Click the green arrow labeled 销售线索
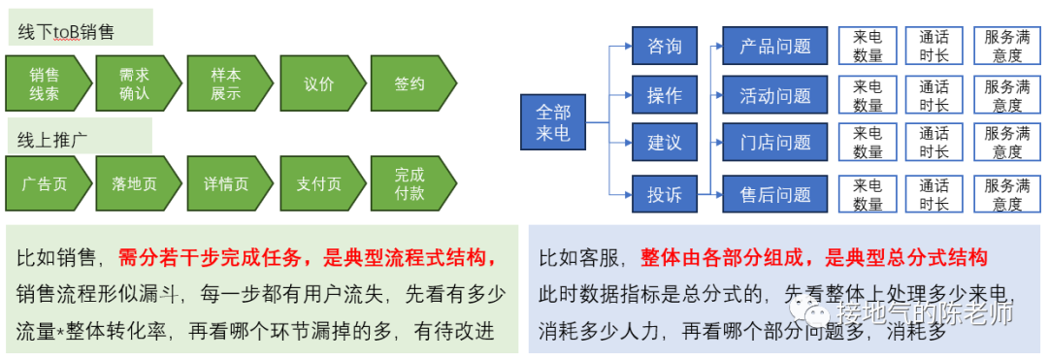pyautogui.click(x=45, y=84)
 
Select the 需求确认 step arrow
pyautogui.click(x=135, y=84)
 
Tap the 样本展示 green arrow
pyautogui.click(x=226, y=84)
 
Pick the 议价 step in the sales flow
pyautogui.click(x=318, y=84)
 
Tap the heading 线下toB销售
pyautogui.click(x=66, y=32)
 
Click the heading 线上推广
pyautogui.click(x=53, y=139)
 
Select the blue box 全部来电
pyautogui.click(x=553, y=121)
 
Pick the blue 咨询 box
pyautogui.click(x=665, y=46)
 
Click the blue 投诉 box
pyautogui.click(x=665, y=194)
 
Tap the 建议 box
pyautogui.click(x=665, y=143)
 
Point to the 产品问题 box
pyautogui.click(x=774, y=46)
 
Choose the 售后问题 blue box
pyautogui.click(x=774, y=194)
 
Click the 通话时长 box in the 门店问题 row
pyautogui.click(x=934, y=143)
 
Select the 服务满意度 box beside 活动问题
pyautogui.click(x=1007, y=95)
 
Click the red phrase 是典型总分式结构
pyautogui.click(x=906, y=257)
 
